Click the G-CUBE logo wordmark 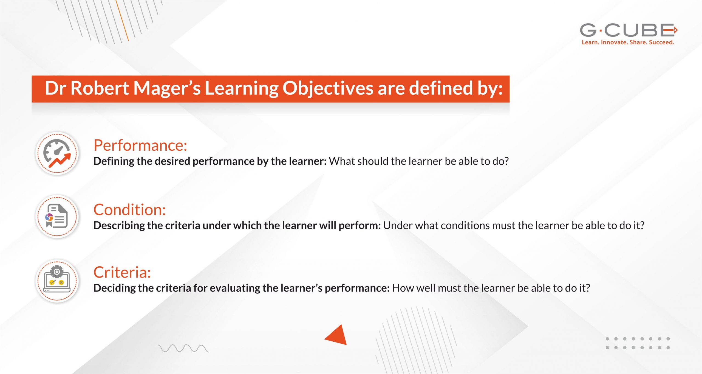(628, 30)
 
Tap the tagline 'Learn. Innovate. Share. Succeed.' (628, 42)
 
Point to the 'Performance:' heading (140, 145)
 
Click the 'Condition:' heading (129, 210)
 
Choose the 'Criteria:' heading (122, 273)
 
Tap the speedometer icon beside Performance (57, 153)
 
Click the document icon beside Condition (57, 216)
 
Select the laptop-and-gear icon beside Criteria (57, 280)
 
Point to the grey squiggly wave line (183, 348)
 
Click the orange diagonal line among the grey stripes (122, 21)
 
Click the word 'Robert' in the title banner (100, 88)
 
